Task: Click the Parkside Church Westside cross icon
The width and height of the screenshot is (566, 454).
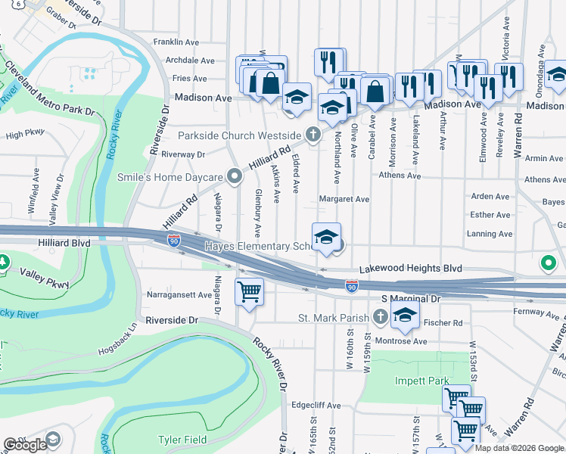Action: (313, 135)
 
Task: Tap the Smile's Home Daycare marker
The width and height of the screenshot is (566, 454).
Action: (235, 178)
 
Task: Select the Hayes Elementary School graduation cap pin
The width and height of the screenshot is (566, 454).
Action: (326, 237)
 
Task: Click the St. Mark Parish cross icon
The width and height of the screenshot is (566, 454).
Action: (380, 317)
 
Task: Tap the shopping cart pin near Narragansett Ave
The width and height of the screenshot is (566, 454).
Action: (249, 291)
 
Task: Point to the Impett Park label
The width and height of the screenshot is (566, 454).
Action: (422, 381)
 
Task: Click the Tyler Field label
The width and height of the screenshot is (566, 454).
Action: (181, 440)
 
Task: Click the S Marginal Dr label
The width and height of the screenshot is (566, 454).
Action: (410, 300)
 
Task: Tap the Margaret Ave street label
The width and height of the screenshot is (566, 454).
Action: (344, 199)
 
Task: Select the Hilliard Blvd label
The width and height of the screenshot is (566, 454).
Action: (63, 244)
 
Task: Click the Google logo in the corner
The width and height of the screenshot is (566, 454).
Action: (25, 445)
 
